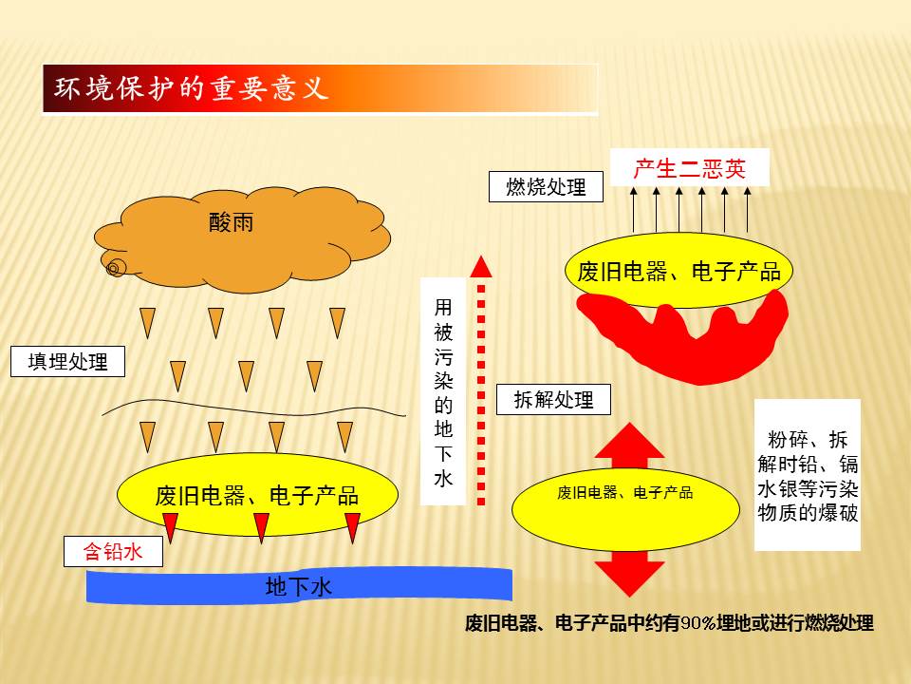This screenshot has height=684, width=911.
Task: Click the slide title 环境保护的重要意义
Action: (x=191, y=88)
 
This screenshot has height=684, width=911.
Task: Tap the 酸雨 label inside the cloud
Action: (x=231, y=222)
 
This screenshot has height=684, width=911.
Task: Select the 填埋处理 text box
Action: (x=68, y=361)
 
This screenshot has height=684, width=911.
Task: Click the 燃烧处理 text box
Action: (x=546, y=187)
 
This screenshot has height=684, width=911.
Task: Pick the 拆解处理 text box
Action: (x=553, y=400)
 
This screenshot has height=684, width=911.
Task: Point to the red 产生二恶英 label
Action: (x=690, y=168)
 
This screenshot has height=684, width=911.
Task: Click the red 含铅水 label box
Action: (x=113, y=551)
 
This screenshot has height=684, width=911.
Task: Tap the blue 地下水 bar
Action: (x=299, y=586)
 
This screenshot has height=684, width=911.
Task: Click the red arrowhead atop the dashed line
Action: (x=481, y=266)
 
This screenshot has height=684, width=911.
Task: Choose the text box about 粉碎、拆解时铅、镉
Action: (x=807, y=475)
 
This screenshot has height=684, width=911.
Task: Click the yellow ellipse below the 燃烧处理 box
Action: (x=679, y=271)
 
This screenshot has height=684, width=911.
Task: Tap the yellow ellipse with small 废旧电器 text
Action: (x=625, y=509)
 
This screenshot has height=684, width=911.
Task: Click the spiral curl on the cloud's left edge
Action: (x=114, y=267)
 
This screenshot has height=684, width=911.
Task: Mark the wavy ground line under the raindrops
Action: (x=254, y=408)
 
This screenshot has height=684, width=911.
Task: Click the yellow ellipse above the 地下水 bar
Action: (x=257, y=494)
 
